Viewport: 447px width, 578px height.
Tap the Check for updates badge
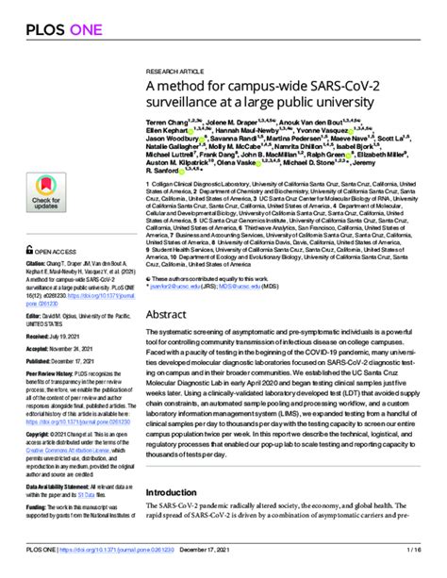click(x=46, y=195)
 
